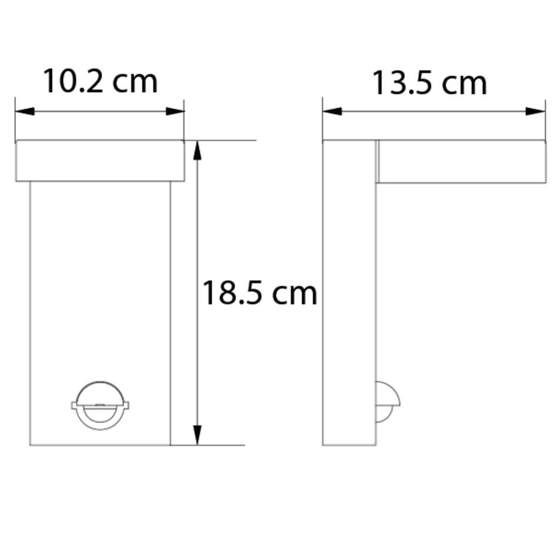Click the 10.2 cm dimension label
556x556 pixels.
(x=100, y=82)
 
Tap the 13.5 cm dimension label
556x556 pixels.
(x=430, y=83)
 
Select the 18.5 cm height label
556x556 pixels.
(x=259, y=292)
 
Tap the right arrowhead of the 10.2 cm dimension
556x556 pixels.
(x=175, y=111)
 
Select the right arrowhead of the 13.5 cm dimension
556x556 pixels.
(x=535, y=111)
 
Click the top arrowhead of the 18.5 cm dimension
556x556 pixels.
(x=198, y=152)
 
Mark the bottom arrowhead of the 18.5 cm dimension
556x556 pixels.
(x=198, y=434)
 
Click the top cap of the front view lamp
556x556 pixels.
(x=100, y=161)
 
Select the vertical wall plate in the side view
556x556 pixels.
(x=349, y=294)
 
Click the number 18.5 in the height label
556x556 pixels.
(x=229, y=292)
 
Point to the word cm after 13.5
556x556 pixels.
(x=465, y=83)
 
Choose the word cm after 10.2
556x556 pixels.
(x=135, y=82)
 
